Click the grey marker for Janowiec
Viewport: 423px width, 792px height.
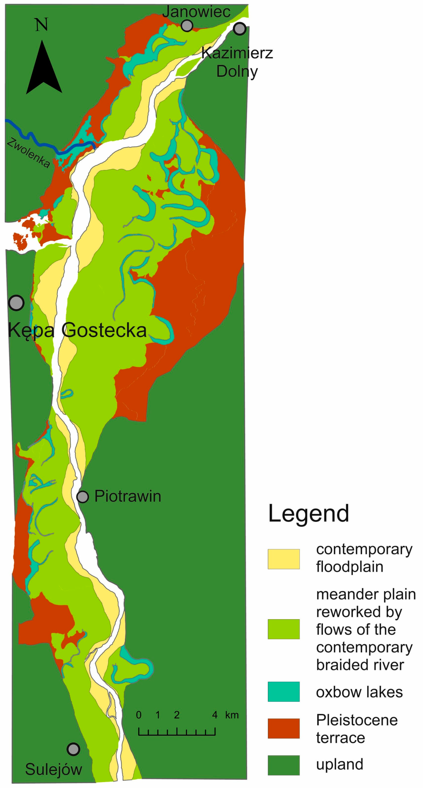(x=187, y=26)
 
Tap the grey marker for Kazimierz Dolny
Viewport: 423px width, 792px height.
(x=239, y=29)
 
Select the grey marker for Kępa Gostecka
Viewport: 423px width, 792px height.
(x=16, y=303)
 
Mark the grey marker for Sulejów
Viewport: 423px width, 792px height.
(x=73, y=749)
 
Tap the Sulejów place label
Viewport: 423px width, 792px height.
(x=53, y=769)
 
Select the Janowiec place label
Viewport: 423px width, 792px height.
(x=196, y=12)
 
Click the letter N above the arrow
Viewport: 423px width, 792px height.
(x=41, y=25)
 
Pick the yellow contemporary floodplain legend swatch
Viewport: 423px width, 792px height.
(x=283, y=559)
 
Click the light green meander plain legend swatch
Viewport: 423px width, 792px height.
(x=283, y=629)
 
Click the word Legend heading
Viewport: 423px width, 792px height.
(x=309, y=513)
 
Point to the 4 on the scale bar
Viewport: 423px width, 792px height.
(x=215, y=715)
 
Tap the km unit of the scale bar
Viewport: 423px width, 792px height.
(x=232, y=715)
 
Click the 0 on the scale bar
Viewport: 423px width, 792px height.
(x=139, y=715)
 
